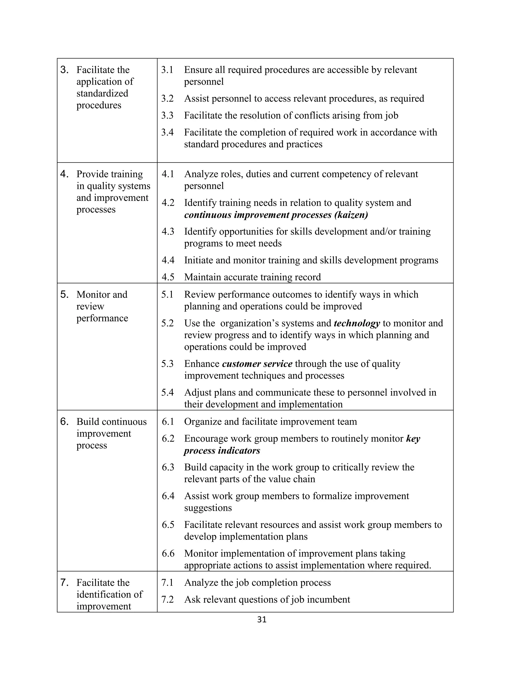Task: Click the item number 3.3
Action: coord(167,116)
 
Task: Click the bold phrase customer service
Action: coord(257,364)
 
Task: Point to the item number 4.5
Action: coord(168,277)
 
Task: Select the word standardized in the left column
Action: coord(102,93)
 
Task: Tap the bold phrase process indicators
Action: coord(222,450)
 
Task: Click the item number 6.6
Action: coord(168,553)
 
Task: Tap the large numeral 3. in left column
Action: coord(64,70)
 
